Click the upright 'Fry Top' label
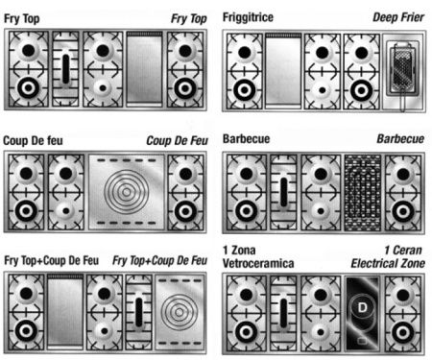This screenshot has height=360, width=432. pyautogui.click(x=22, y=19)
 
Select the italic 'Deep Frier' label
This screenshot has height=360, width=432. pyautogui.click(x=398, y=17)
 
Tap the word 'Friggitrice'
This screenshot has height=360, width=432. pyautogui.click(x=248, y=17)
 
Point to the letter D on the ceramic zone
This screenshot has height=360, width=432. pyautogui.click(x=362, y=307)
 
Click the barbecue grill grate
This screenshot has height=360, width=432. pyautogui.click(x=363, y=193)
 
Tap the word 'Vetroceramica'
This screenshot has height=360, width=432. pyautogui.click(x=258, y=264)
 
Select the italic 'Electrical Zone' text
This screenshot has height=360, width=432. pyautogui.click(x=388, y=264)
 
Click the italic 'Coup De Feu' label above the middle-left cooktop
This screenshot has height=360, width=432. pyautogui.click(x=177, y=141)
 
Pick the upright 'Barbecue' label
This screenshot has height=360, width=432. pyautogui.click(x=247, y=139)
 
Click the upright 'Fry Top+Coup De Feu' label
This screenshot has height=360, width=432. pyautogui.click(x=51, y=260)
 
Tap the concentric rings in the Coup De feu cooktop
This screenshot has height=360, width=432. pyautogui.click(x=127, y=192)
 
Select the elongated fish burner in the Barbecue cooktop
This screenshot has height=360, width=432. pyautogui.click(x=284, y=192)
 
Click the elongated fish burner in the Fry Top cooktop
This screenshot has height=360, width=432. pyautogui.click(x=65, y=69)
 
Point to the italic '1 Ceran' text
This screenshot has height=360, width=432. pyautogui.click(x=403, y=251)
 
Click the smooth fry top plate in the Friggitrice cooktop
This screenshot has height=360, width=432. pyautogui.click(x=283, y=71)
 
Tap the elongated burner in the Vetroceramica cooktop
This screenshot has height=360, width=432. pyautogui.click(x=284, y=313)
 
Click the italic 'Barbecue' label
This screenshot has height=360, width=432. pyautogui.click(x=400, y=139)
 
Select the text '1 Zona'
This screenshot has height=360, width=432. pyautogui.click(x=239, y=251)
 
